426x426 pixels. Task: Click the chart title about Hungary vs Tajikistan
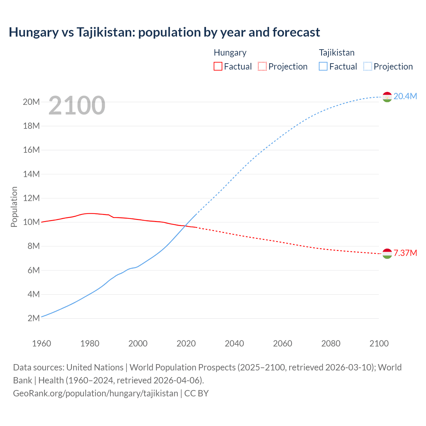(164, 32)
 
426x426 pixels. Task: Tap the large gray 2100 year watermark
(77, 106)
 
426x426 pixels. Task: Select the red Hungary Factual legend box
(218, 66)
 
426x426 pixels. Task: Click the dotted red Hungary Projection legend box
(262, 66)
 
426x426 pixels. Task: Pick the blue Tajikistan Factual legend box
(323, 66)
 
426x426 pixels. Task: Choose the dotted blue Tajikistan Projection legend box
(368, 66)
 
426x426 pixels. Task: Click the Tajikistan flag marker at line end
(387, 97)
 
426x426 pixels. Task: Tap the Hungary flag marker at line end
(387, 254)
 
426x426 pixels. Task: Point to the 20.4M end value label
(405, 96)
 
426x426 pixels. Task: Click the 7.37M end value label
(405, 253)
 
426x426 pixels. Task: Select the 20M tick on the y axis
(31, 102)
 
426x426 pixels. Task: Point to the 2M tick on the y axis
(34, 318)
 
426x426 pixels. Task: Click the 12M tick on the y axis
(31, 198)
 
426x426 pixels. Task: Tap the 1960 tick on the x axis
(42, 343)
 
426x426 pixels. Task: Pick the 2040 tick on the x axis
(234, 343)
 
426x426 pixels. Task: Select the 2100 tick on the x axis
(379, 343)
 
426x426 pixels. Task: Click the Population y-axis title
(14, 207)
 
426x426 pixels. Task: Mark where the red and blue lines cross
(185, 226)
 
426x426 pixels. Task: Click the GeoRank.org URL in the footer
(96, 393)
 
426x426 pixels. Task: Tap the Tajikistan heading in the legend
(336, 53)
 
